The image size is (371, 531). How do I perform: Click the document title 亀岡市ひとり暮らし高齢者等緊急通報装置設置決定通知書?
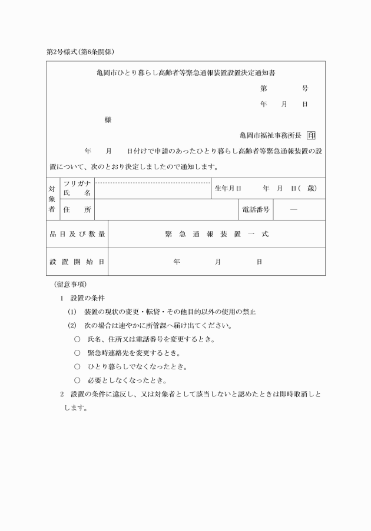pyautogui.click(x=186, y=74)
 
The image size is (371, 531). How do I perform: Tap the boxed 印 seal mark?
pyautogui.click(x=312, y=135)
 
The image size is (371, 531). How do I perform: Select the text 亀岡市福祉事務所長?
pyautogui.click(x=270, y=135)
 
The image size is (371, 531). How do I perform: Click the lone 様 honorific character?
pyautogui.click(x=108, y=120)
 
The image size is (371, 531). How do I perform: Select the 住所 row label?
pyautogui.click(x=77, y=209)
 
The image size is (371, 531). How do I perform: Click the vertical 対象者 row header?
pyautogui.click(x=52, y=199)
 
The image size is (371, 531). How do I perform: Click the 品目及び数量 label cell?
pyautogui.click(x=77, y=234)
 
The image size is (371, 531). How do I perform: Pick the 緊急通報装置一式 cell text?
pyautogui.click(x=217, y=234)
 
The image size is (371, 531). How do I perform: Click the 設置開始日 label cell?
pyautogui.click(x=77, y=262)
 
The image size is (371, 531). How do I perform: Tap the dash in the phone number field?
pyautogui.click(x=293, y=209)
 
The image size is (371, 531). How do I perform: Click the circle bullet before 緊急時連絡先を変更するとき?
pyautogui.click(x=77, y=353)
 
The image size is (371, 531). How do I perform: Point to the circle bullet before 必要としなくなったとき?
pyautogui.click(x=77, y=380)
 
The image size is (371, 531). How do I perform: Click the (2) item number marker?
pyautogui.click(x=72, y=325)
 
